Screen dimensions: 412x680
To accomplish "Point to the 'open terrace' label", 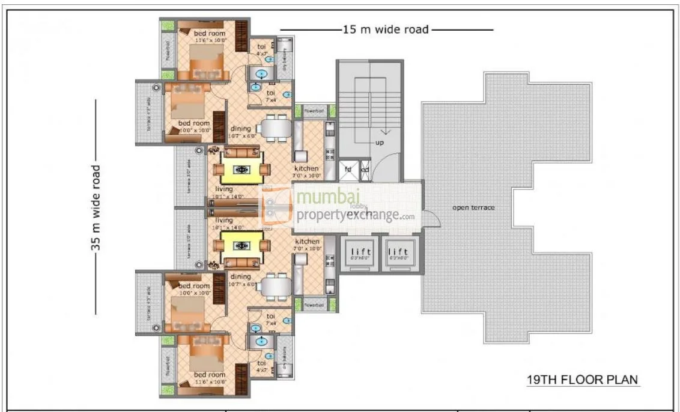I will (x=474, y=208).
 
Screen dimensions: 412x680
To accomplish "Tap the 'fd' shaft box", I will (x=348, y=170).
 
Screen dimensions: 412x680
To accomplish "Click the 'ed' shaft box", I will (x=364, y=170).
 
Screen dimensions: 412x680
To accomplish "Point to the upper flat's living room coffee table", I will (x=241, y=170).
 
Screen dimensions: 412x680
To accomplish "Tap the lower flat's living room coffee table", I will (x=241, y=245).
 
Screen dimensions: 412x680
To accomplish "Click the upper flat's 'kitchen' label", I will (x=306, y=168).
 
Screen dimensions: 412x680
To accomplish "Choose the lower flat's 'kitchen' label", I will (x=306, y=241).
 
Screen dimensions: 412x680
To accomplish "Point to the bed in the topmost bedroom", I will (x=205, y=62).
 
